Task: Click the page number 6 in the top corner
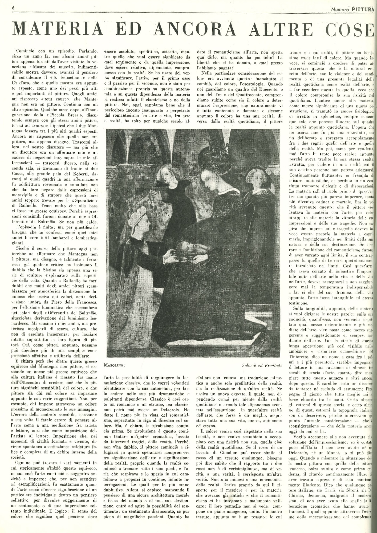13,8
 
